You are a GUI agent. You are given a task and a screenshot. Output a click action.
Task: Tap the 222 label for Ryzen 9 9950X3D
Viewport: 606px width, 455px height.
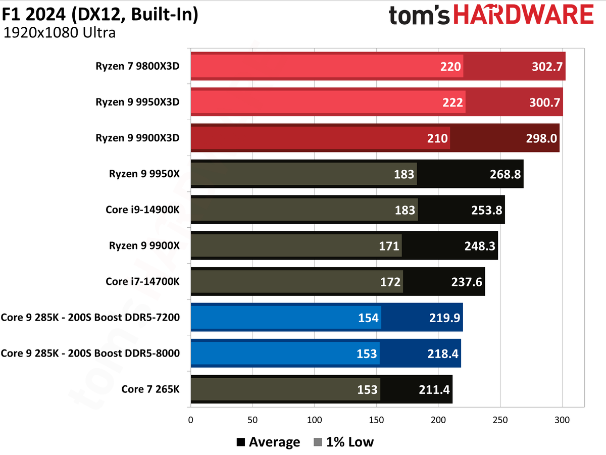(452, 103)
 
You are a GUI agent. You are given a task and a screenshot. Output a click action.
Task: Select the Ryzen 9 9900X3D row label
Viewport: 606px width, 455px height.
(137, 138)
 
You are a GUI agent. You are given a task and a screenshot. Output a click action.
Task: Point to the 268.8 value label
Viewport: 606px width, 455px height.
(506, 174)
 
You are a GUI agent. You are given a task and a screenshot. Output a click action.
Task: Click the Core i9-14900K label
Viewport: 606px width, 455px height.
(142, 210)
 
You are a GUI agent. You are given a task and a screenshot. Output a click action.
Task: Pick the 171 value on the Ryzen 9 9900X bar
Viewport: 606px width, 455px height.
(389, 246)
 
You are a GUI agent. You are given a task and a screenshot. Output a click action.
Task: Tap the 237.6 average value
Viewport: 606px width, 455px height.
(467, 282)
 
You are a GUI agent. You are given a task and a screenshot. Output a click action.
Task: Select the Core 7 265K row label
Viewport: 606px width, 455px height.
(150, 389)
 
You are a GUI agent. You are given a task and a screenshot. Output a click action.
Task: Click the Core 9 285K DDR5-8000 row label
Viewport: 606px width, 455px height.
(90, 353)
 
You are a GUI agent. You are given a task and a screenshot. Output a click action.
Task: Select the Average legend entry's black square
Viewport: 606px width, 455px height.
(241, 443)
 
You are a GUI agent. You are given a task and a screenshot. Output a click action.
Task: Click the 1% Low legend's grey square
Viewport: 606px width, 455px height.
(318, 443)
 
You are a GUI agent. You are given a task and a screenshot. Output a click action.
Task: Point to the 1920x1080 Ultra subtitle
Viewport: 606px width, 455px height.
(59, 33)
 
